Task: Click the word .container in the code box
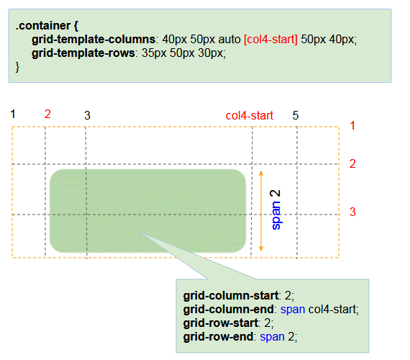pyautogui.click(x=43, y=26)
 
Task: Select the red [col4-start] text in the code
pyautogui.click(x=270, y=40)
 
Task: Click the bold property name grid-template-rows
pyautogui.click(x=83, y=53)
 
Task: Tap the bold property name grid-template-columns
pyautogui.click(x=94, y=40)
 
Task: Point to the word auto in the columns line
pyautogui.click(x=229, y=40)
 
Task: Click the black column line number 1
pyautogui.click(x=13, y=114)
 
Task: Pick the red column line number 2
pyautogui.click(x=47, y=114)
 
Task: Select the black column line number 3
pyautogui.click(x=87, y=115)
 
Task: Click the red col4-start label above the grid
pyautogui.click(x=250, y=115)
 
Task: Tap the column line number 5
pyautogui.click(x=296, y=115)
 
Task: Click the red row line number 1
pyautogui.click(x=352, y=126)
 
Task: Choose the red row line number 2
pyautogui.click(x=352, y=164)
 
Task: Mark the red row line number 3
pyautogui.click(x=352, y=212)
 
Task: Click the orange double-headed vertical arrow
pyautogui.click(x=261, y=211)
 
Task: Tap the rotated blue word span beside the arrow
pyautogui.click(x=276, y=215)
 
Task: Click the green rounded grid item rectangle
pyautogui.click(x=147, y=211)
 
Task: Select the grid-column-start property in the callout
pyautogui.click(x=230, y=296)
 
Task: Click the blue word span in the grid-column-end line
pyautogui.click(x=293, y=310)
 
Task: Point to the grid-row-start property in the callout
pyautogui.click(x=220, y=323)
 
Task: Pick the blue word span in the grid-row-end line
pyautogui.click(x=272, y=337)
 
